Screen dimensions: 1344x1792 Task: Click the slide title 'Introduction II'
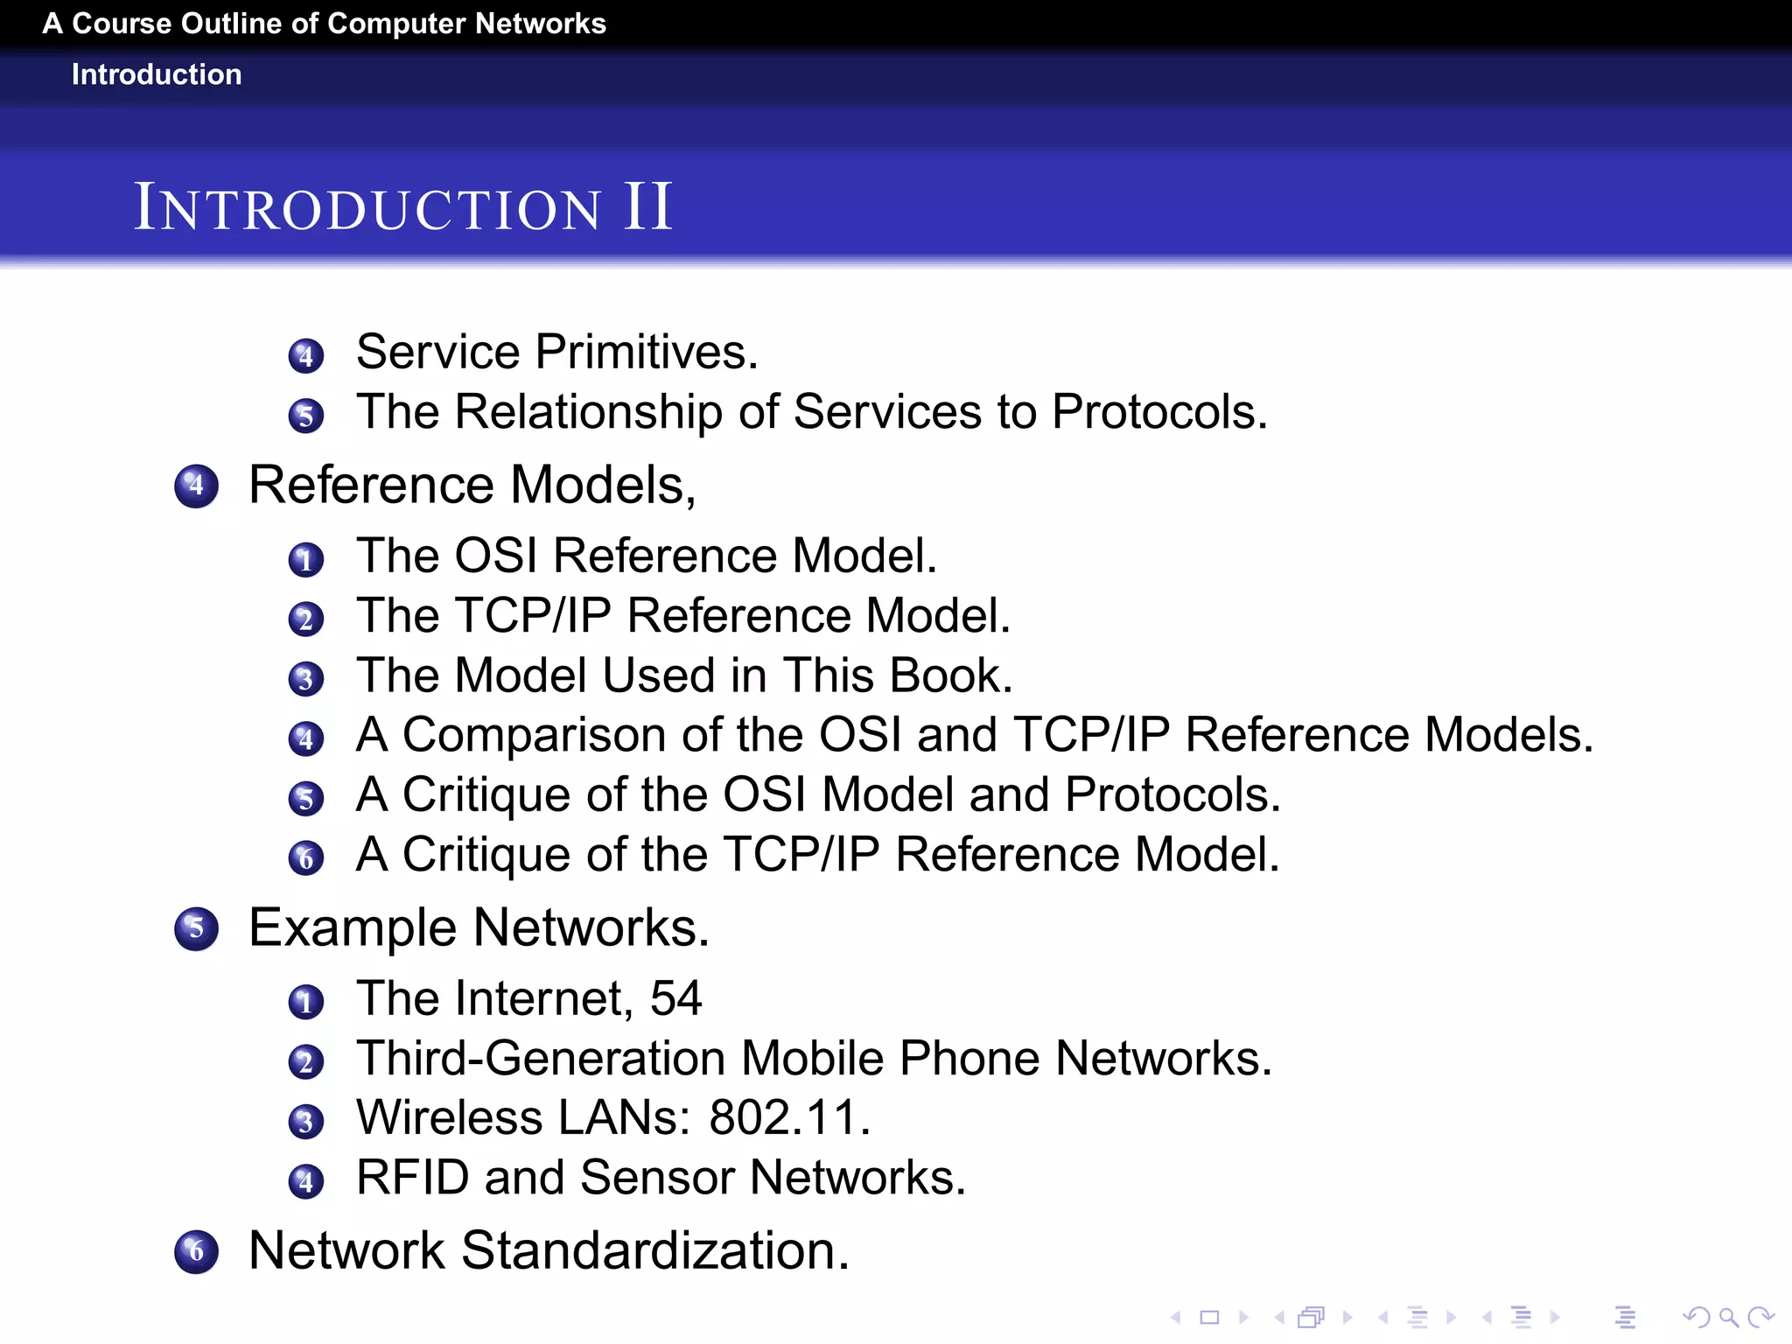tap(402, 208)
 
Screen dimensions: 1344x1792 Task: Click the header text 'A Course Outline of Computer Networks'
tap(324, 24)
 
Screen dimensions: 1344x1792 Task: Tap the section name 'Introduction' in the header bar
tap(157, 74)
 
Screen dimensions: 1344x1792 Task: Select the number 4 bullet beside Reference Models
tap(196, 486)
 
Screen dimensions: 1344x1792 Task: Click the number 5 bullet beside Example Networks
tap(196, 928)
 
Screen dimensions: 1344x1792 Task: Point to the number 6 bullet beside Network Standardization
tap(196, 1251)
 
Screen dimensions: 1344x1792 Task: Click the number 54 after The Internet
tap(675, 998)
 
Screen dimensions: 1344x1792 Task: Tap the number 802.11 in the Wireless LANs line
tap(789, 1117)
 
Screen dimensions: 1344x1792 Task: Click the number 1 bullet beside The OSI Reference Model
tap(305, 560)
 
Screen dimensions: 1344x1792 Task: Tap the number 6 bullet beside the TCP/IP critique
tap(305, 858)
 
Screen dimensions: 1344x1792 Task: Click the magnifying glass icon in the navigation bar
tap(1728, 1317)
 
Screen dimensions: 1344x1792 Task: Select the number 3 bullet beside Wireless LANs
tap(305, 1122)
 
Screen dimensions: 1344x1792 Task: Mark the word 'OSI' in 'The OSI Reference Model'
tap(495, 556)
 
